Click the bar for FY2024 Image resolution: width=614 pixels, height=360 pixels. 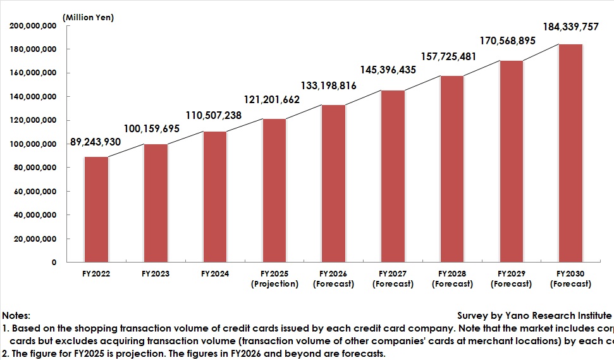(215, 197)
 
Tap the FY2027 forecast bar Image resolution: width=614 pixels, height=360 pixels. (393, 177)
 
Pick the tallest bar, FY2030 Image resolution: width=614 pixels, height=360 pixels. (570, 153)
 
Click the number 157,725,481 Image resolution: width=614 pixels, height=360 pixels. (450, 57)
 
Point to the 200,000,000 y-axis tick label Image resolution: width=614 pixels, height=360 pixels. (34, 26)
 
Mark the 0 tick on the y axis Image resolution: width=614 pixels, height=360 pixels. (54, 263)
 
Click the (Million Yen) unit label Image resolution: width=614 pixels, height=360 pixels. (88, 17)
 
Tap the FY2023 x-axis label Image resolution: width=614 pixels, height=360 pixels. (156, 274)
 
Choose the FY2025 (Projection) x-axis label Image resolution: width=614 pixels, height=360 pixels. (274, 279)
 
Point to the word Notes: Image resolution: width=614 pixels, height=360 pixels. (16, 315)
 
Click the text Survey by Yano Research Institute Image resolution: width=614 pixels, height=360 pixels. (534, 315)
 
